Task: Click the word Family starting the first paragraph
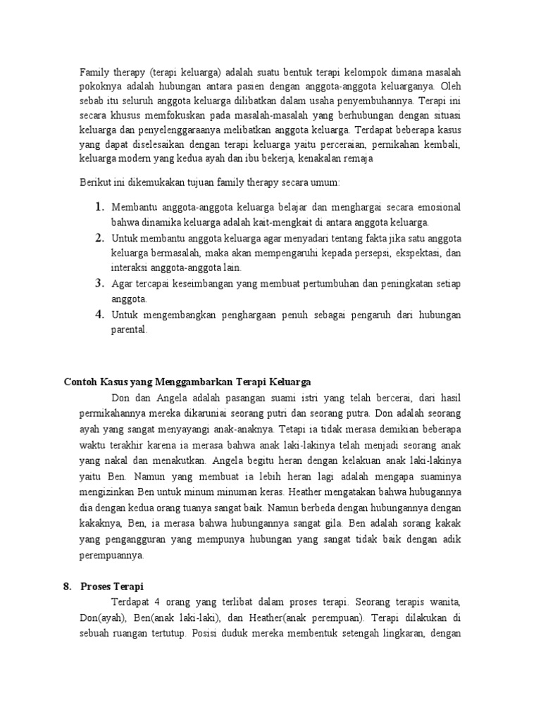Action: [93, 73]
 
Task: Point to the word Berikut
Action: [95, 182]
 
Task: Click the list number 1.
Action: [99, 207]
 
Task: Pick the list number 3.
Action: [99, 284]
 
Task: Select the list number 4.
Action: [99, 315]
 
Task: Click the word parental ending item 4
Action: [129, 330]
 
